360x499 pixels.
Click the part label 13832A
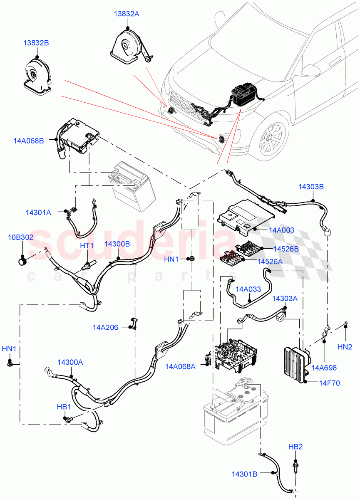(x=127, y=14)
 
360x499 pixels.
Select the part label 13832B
(x=36, y=43)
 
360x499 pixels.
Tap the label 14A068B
(x=28, y=141)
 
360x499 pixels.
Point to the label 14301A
(x=38, y=212)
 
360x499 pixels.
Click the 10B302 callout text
(x=21, y=237)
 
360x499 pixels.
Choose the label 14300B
(x=117, y=244)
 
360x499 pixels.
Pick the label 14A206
(x=105, y=328)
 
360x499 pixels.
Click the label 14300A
(x=70, y=362)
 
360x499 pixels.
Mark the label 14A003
(x=281, y=230)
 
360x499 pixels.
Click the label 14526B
(x=286, y=249)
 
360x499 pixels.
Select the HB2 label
(x=295, y=447)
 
